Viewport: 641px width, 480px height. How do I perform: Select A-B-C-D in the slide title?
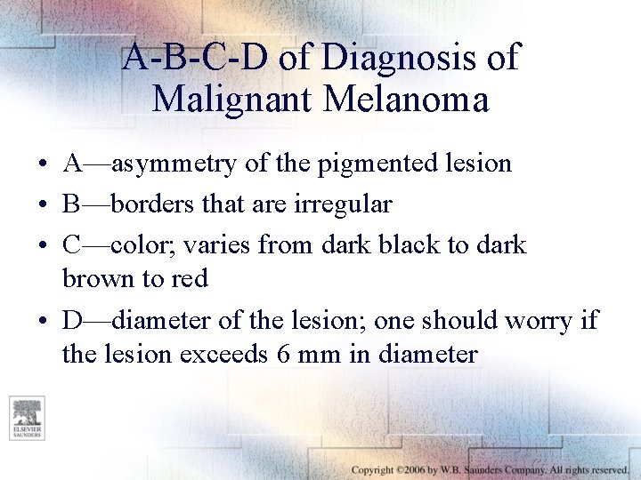coord(194,58)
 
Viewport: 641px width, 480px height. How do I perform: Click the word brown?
coord(98,278)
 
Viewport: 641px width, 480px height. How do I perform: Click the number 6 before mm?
coord(282,354)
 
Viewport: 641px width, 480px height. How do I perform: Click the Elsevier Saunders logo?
coord(27,419)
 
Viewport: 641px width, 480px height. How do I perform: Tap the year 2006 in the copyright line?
coord(413,469)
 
